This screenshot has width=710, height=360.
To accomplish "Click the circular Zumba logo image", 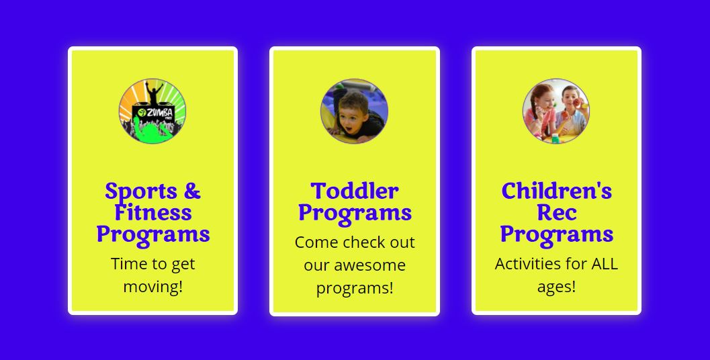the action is click(152, 111).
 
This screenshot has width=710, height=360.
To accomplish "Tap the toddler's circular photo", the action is click(354, 111).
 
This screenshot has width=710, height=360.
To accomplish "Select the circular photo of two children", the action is click(556, 111).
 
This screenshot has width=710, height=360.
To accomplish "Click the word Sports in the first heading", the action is click(141, 191).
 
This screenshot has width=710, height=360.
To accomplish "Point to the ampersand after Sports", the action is click(192, 190).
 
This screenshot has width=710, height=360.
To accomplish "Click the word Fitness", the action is click(153, 212).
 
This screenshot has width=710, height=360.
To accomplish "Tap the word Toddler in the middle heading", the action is click(355, 191).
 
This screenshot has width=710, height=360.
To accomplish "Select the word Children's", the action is click(556, 191).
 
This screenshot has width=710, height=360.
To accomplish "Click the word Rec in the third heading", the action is click(556, 212).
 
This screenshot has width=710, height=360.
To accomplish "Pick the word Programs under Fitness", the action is click(153, 235).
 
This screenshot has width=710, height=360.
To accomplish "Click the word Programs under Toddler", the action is click(355, 214).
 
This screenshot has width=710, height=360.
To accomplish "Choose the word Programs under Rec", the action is click(556, 235).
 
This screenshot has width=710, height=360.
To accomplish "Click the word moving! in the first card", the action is click(153, 287).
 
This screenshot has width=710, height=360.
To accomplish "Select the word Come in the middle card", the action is click(315, 242).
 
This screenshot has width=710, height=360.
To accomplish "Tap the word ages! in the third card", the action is click(556, 287).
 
